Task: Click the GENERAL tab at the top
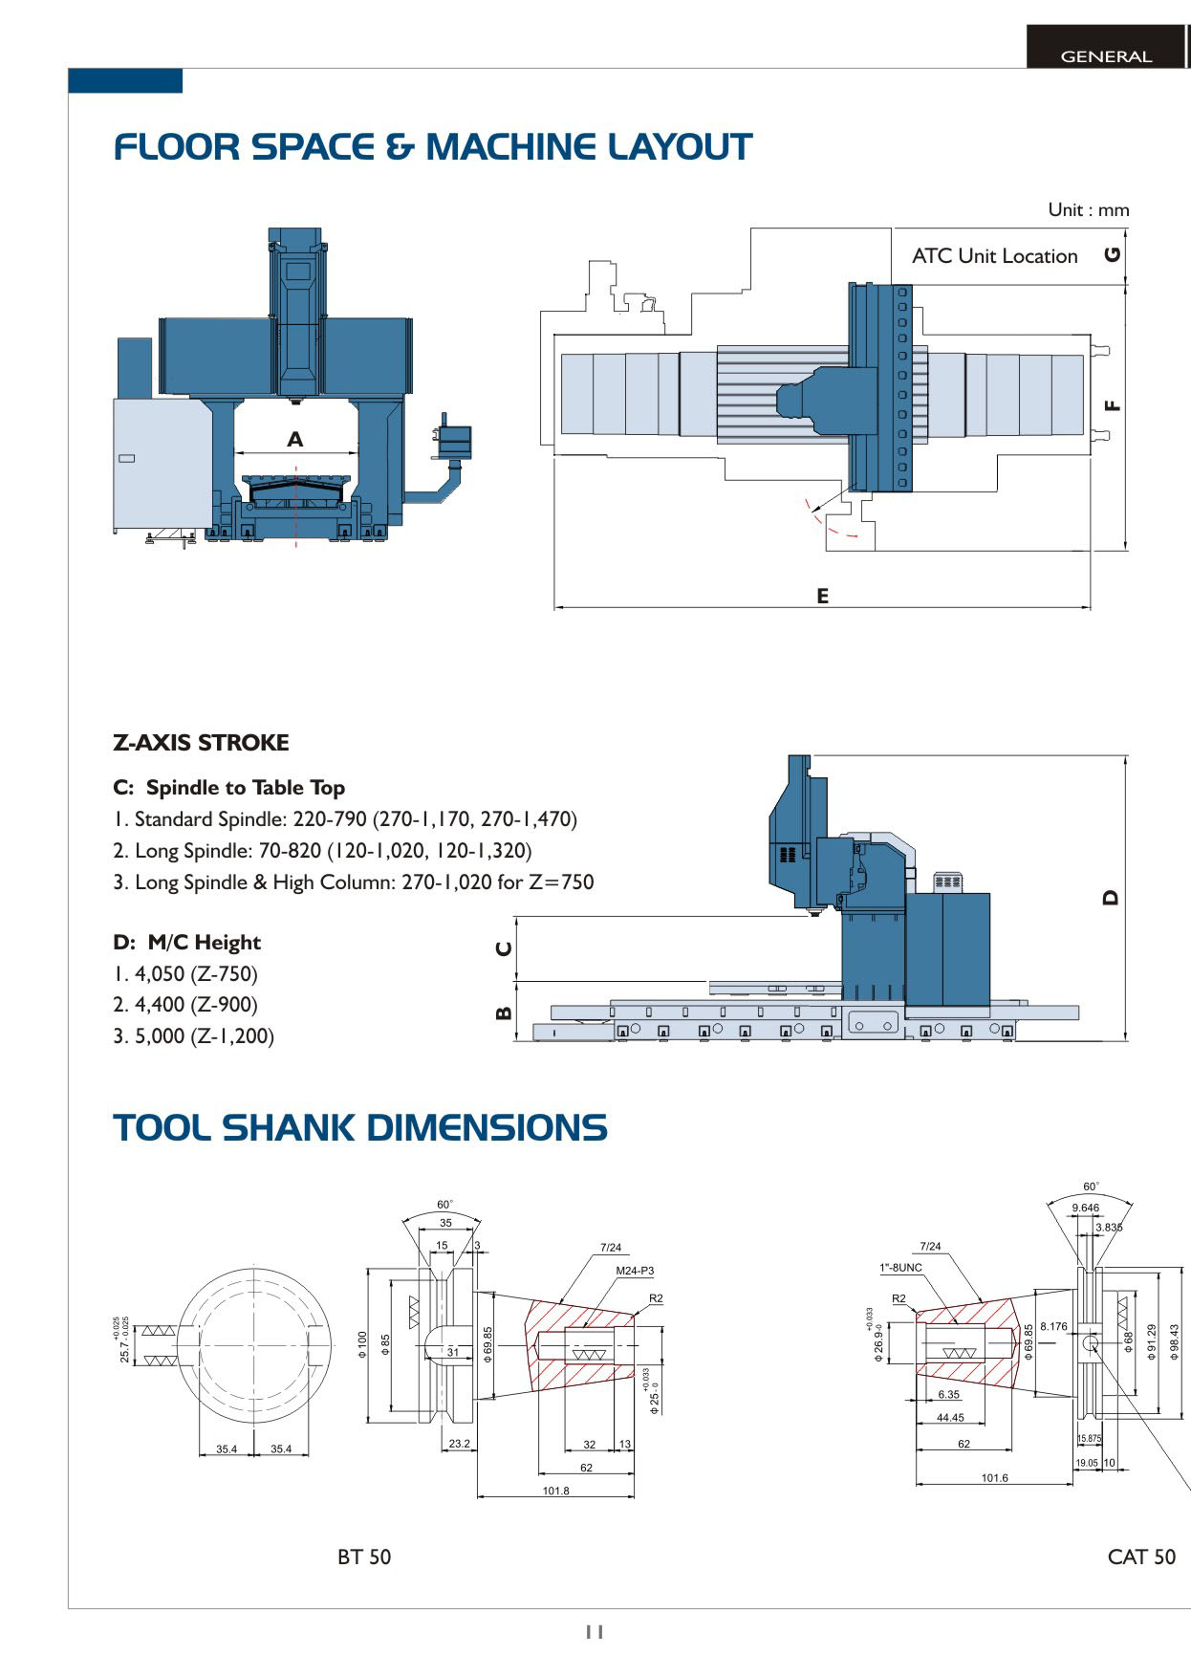1106,56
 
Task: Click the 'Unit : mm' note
1088,209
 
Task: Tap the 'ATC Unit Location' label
994,256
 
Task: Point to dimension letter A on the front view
295,439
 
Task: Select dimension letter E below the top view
822,596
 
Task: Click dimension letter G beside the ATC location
1112,254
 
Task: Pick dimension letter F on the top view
1112,405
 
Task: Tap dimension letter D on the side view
1110,897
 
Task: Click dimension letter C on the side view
504,948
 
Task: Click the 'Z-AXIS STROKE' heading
201,743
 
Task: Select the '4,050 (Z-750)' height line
185,974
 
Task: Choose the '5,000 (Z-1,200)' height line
194,1036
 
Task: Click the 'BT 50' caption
364,1557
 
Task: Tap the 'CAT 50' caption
1140,1557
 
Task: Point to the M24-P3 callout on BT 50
635,1271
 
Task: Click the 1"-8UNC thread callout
900,1268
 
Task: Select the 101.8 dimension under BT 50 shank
555,1491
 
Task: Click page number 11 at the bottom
595,1632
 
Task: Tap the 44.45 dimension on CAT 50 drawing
950,1418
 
